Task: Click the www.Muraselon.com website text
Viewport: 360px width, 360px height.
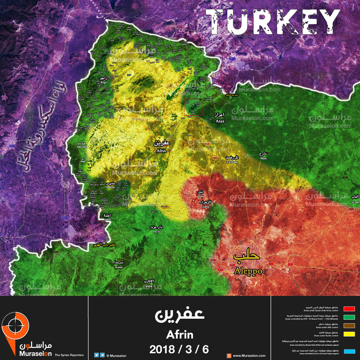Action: pyautogui.click(x=249, y=356)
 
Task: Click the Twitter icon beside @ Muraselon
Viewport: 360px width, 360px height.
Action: pyautogui.click(x=96, y=355)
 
